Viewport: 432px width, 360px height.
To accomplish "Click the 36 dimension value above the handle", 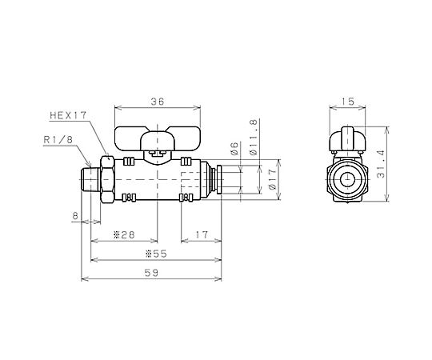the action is click(158, 102).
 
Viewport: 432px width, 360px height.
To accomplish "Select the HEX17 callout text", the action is click(68, 115).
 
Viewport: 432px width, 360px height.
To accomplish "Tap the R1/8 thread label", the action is click(58, 140).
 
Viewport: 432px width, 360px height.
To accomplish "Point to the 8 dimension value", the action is click(75, 216).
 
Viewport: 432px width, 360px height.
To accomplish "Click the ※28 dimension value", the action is click(124, 234).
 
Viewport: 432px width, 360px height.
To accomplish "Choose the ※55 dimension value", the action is click(156, 254).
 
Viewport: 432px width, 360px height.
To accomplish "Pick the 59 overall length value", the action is click(151, 273).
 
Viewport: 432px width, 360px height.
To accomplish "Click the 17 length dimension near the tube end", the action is click(202, 234).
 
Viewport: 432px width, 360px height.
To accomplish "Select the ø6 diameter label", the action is click(234, 149).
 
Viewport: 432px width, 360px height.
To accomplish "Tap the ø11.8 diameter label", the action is click(254, 138).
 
